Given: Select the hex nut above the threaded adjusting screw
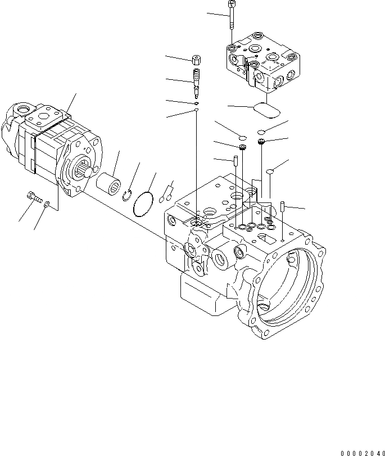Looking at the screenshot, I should coord(197,60).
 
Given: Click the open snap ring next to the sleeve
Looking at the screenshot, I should coord(128,195).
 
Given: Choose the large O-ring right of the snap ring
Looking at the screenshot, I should coord(144,204).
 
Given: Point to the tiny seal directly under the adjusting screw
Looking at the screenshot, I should coord(196,103).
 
